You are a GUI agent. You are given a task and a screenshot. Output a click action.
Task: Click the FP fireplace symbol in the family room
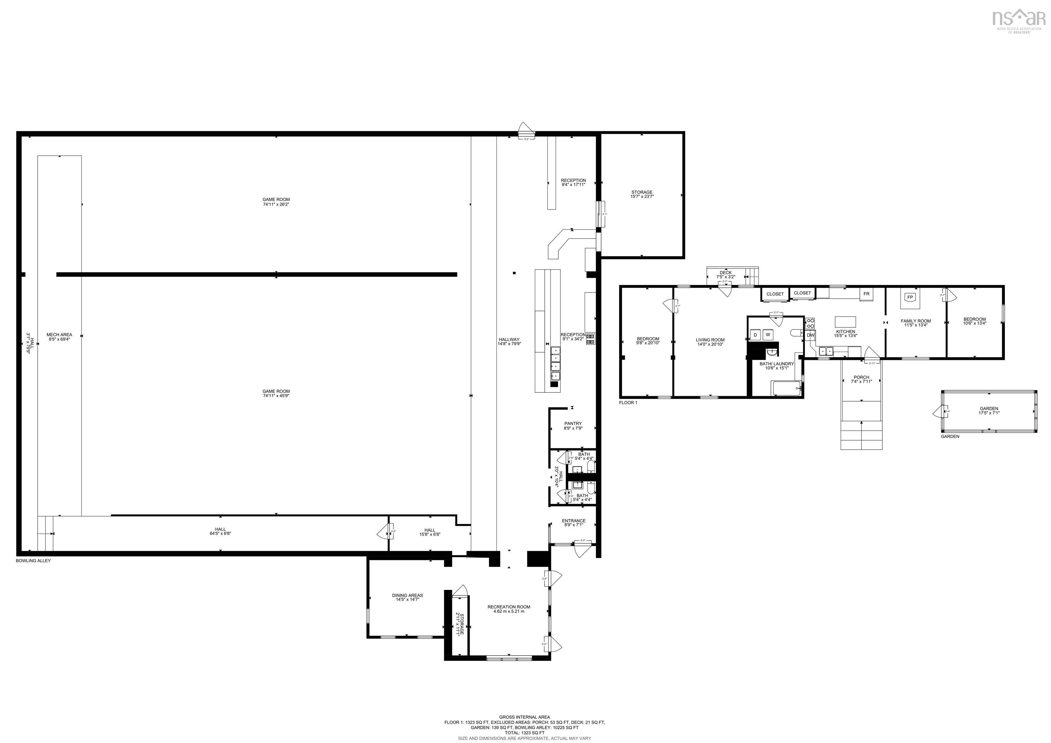(x=910, y=297)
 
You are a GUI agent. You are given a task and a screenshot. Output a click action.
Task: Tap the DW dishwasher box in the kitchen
(x=811, y=335)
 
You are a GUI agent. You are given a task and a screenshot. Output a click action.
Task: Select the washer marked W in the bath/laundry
(x=768, y=335)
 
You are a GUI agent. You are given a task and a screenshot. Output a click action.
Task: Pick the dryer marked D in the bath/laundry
(x=755, y=335)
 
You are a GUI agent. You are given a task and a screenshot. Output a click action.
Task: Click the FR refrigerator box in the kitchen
(x=866, y=294)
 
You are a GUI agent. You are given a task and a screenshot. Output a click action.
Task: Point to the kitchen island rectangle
(x=845, y=321)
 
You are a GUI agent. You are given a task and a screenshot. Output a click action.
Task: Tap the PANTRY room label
(x=573, y=426)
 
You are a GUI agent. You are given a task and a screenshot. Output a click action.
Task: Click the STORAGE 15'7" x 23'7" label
(x=642, y=194)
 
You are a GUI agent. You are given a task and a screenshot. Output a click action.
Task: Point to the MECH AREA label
(x=59, y=337)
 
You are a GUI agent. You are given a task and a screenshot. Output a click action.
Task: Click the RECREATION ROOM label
(x=508, y=609)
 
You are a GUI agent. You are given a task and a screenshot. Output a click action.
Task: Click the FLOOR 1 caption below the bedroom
(x=627, y=403)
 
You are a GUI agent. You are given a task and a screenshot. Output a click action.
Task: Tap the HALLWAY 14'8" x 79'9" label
(x=509, y=341)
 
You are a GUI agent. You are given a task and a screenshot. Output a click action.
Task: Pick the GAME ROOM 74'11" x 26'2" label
(x=276, y=202)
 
